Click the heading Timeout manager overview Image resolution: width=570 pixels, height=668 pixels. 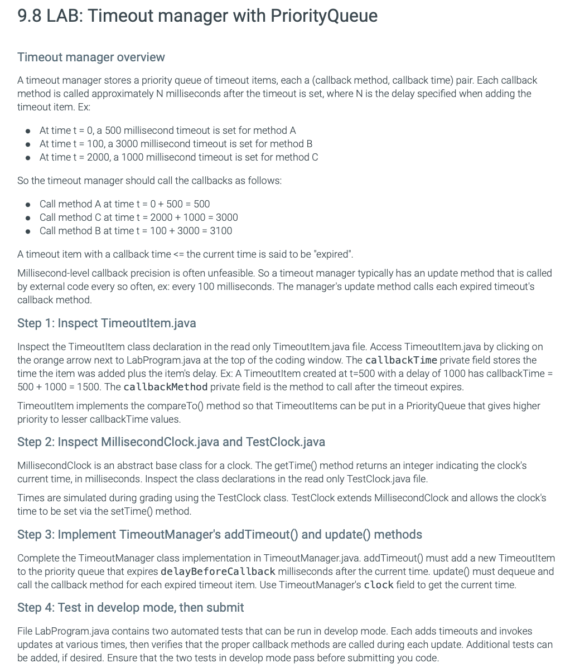tap(91, 57)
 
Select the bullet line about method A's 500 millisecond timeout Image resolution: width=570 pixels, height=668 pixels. tap(167, 130)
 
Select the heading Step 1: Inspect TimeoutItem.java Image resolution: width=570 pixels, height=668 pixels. tap(107, 323)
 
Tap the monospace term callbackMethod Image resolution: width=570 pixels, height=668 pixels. tap(165, 387)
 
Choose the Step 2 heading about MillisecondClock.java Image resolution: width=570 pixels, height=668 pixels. tap(171, 442)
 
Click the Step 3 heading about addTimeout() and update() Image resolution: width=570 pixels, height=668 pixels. tap(219, 535)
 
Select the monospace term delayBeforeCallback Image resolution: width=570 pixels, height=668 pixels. tap(218, 572)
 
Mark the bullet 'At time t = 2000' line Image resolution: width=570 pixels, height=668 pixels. tap(178, 157)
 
